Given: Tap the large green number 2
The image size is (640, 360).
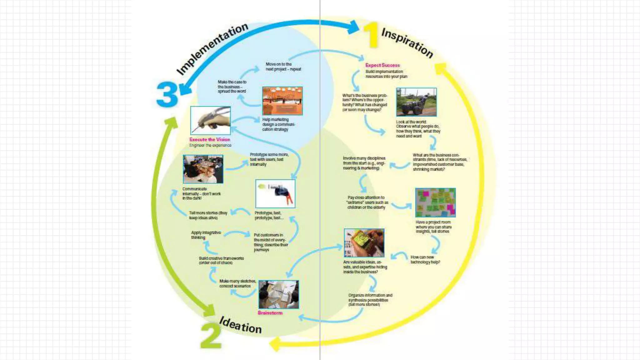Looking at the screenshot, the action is [x=211, y=336].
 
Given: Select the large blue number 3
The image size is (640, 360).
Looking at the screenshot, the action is [x=167, y=94].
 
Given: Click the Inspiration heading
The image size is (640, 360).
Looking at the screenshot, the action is [x=407, y=43].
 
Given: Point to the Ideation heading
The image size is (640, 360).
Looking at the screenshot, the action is [x=240, y=325].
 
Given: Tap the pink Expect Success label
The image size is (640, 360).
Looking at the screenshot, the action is [x=382, y=65].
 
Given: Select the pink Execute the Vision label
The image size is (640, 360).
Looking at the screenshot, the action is [x=210, y=140].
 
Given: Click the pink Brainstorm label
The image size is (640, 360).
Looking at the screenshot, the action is [x=270, y=313].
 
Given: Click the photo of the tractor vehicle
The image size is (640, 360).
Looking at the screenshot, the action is [x=416, y=102].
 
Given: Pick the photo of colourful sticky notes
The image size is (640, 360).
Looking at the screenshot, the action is [x=435, y=202].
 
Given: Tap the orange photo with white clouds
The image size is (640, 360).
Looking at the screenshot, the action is [x=282, y=101].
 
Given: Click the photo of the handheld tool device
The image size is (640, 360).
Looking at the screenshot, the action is [x=210, y=120].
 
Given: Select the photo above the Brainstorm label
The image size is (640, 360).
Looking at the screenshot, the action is [x=278, y=294].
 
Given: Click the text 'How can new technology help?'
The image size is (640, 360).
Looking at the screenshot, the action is [x=425, y=260].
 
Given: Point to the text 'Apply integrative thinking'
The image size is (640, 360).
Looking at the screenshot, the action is [x=206, y=235].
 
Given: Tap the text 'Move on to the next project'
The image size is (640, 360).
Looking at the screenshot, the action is [x=283, y=67].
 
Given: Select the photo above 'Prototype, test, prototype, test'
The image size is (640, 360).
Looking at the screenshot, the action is [x=275, y=194].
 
